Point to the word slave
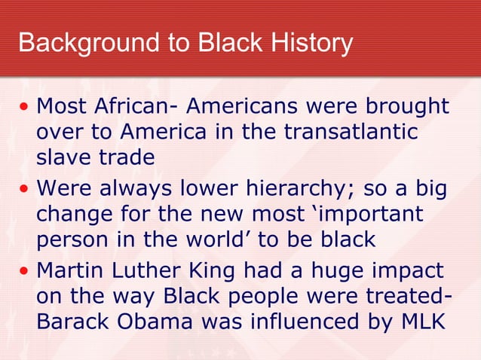pyautogui.click(x=62, y=158)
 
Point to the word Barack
pyautogui.click(x=70, y=322)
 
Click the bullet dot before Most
pyautogui.click(x=25, y=105)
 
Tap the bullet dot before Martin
pyautogui.click(x=25, y=268)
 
